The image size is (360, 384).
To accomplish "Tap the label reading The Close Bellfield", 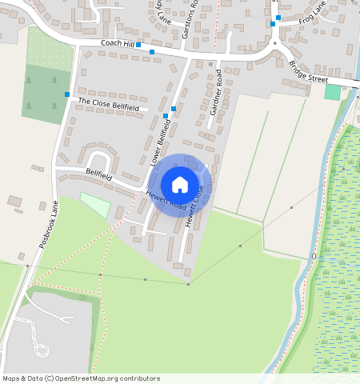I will (108, 106).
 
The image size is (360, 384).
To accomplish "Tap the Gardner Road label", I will (215, 93).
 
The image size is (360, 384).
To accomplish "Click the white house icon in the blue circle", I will (180, 185).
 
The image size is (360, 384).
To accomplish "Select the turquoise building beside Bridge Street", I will (332, 92).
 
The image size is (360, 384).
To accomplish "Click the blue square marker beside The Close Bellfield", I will (67, 94).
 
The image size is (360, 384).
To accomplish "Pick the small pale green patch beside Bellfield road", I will (94, 204).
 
